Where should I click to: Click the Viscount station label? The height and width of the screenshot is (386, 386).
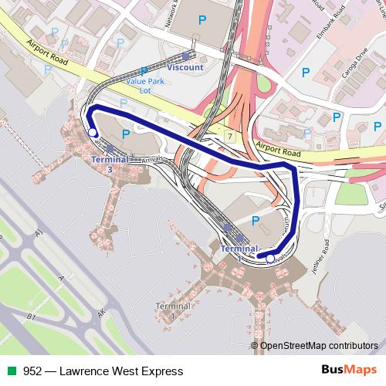185,67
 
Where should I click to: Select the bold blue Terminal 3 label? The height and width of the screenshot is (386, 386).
109,163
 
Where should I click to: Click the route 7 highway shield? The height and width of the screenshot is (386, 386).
229,136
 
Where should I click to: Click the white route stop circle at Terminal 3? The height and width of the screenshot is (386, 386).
93,133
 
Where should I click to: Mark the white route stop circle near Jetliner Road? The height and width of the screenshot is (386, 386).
270,259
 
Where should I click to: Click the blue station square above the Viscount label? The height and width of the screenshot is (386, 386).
185,56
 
